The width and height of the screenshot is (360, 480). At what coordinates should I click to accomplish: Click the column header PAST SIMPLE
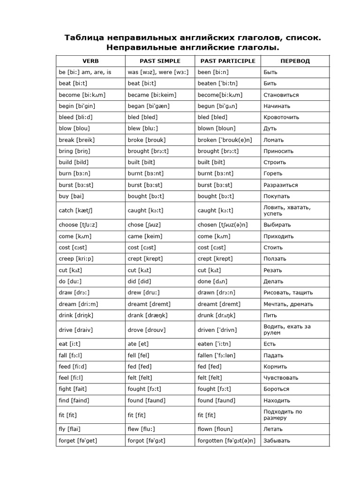point(160,61)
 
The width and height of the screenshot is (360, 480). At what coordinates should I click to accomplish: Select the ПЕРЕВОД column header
point(295,61)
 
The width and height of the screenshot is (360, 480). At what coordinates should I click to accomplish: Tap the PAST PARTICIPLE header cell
point(228,61)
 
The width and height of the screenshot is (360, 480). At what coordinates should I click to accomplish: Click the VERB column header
point(90,61)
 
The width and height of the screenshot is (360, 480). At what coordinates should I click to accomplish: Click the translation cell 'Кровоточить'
point(281,117)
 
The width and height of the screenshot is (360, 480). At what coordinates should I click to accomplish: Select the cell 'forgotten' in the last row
point(226,441)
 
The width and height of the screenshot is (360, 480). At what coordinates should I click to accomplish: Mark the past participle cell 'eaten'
point(217,344)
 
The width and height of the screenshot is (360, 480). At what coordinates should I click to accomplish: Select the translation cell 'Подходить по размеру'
point(283,415)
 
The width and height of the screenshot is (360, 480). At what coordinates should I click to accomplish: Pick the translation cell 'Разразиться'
point(280,185)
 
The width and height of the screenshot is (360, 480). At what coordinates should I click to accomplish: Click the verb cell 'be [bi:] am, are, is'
point(85,72)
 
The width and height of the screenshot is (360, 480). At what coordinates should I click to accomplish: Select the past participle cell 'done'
point(213,281)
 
